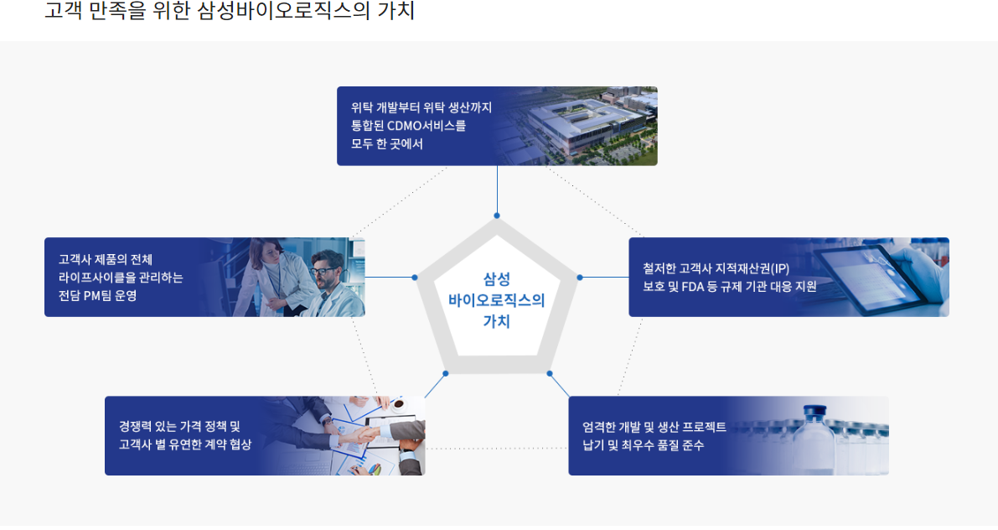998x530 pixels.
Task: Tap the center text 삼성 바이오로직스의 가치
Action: tap(496, 299)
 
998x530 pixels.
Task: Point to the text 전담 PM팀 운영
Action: tap(97, 295)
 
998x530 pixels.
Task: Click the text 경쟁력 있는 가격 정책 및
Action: tap(179, 426)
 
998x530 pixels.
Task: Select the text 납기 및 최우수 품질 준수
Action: tap(643, 444)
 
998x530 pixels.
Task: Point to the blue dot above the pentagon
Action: tap(497, 216)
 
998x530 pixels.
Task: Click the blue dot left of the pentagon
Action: tap(414, 277)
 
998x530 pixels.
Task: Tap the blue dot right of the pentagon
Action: tap(579, 277)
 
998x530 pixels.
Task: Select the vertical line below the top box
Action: tap(497, 190)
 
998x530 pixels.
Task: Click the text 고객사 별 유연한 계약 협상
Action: tap(185, 444)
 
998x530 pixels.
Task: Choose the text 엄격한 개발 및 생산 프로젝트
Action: tap(654, 427)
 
